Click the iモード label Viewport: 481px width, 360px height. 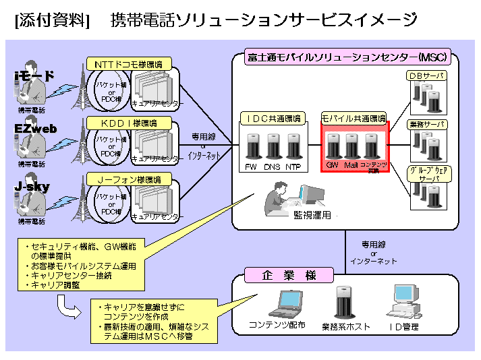(34, 76)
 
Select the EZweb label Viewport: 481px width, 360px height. (36, 129)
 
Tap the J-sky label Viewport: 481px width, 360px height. (32, 186)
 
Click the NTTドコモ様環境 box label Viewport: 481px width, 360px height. (128, 65)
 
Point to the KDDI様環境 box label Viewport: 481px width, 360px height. (128, 123)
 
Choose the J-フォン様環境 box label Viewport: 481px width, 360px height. (128, 180)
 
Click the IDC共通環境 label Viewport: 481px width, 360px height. (273, 119)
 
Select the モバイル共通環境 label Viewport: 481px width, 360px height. (353, 119)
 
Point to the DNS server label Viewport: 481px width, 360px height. (273, 167)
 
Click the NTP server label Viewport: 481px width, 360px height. (293, 167)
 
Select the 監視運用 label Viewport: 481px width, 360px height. (312, 215)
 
